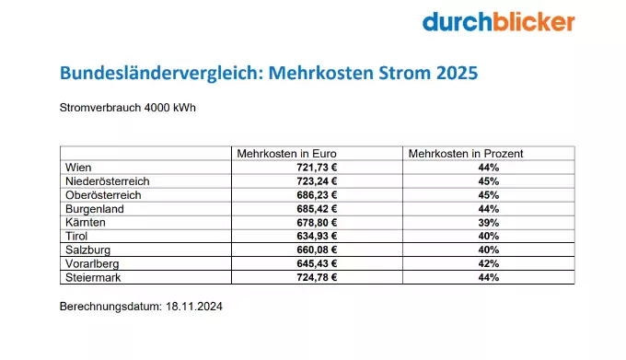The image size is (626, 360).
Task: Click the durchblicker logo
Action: [498, 22]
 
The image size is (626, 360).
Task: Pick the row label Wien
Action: [78, 167]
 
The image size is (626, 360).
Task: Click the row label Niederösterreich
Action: [108, 180]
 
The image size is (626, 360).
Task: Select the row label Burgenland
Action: [96, 208]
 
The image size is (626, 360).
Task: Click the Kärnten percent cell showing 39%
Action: [488, 222]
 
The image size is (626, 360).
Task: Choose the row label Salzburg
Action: [89, 250]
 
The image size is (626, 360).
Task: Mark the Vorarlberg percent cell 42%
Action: [488, 263]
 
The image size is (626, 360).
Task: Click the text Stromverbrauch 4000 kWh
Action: [127, 107]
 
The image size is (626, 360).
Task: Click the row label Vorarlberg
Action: [93, 263]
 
